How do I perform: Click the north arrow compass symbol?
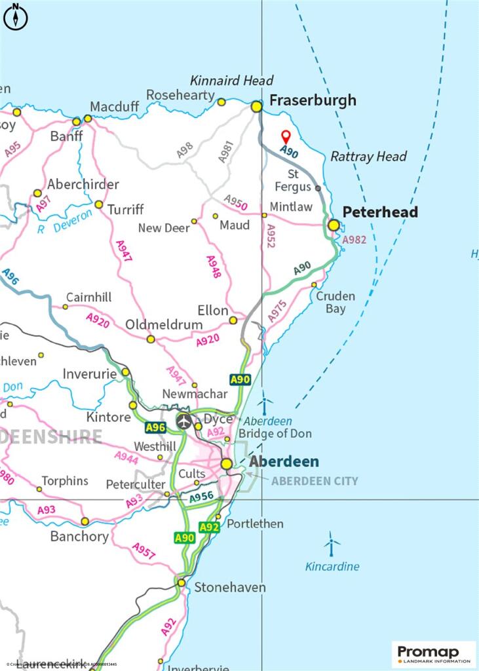(16, 17)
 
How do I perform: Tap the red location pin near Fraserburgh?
(286, 137)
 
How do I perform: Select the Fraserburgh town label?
(313, 100)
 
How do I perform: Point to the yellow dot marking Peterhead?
(334, 225)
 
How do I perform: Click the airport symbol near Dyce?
(183, 421)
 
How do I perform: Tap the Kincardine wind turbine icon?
(332, 543)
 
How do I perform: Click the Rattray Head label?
(368, 156)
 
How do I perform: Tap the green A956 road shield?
(202, 498)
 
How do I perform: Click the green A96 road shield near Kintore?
(155, 427)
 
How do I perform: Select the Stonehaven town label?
(230, 587)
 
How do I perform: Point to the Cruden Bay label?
(335, 302)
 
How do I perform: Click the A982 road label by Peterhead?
(354, 239)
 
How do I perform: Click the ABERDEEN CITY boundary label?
(315, 481)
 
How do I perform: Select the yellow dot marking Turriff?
(99, 204)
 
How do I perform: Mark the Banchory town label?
(79, 536)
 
